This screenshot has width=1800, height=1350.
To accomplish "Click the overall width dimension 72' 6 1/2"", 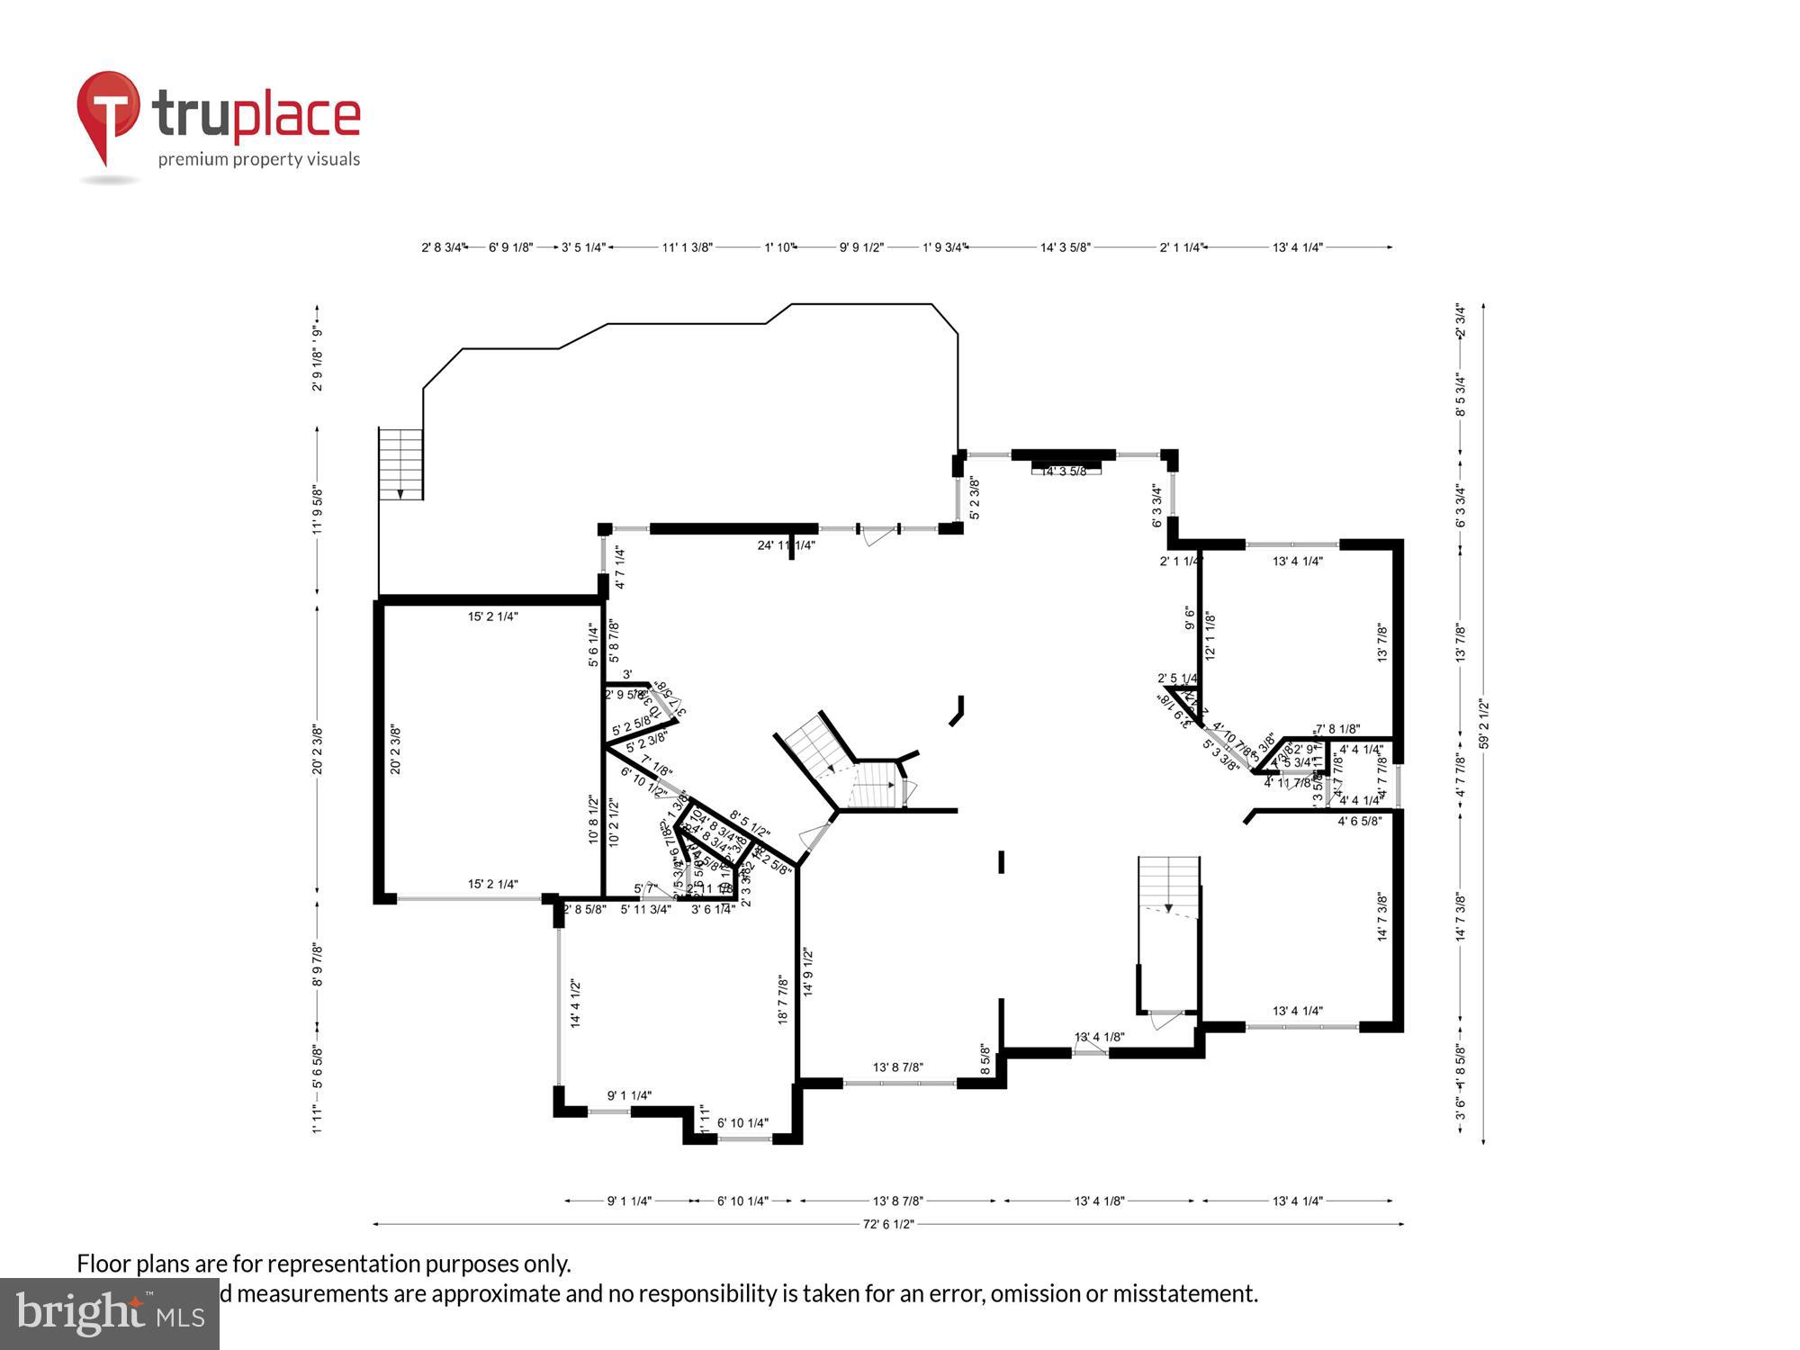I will coord(888,1224).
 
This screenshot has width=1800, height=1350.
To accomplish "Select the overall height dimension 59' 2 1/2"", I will coord(1484,724).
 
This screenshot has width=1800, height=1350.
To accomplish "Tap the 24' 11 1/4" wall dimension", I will coord(786,545).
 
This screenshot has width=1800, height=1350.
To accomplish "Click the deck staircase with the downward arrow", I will coord(400,463).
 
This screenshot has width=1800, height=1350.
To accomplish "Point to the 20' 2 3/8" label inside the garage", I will coord(395,750).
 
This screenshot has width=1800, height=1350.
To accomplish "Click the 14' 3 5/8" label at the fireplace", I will coord(1064,471).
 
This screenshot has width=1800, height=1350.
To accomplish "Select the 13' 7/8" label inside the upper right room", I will coord(1382,643).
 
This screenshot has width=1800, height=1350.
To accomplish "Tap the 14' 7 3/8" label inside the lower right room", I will coord(1382,916).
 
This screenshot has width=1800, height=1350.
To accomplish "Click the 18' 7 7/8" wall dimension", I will coord(783,1001).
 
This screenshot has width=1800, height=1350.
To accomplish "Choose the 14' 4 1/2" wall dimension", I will coord(575,1003).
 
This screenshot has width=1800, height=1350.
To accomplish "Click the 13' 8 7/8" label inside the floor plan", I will coord(897,1067).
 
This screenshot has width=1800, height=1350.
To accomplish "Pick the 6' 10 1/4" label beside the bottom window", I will coord(742,1123).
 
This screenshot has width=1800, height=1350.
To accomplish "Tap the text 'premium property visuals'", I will coord(259,160).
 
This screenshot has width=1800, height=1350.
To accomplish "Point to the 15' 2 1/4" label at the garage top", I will coord(492,616).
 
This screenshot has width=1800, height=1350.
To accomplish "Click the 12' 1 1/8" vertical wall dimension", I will coord(1210,636).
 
